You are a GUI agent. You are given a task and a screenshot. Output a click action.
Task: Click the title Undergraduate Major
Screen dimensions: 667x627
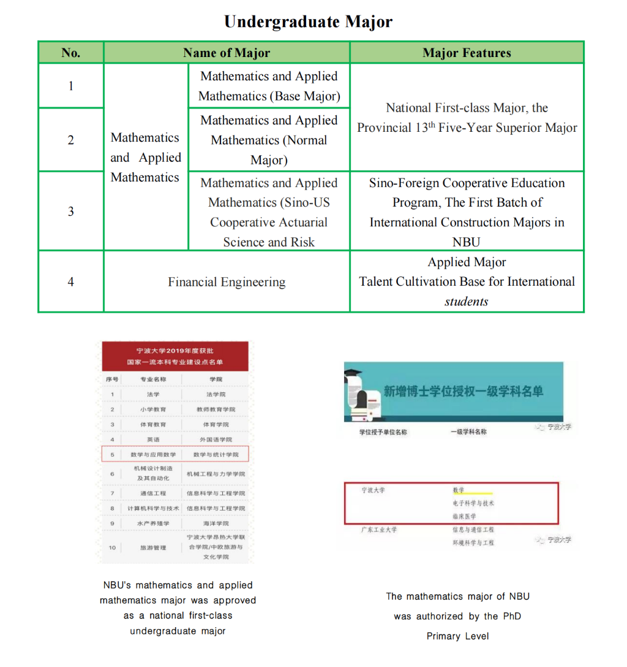(x=308, y=22)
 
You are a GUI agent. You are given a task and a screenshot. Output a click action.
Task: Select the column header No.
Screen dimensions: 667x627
(x=71, y=53)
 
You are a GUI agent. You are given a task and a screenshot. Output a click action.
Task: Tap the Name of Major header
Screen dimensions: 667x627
(x=227, y=53)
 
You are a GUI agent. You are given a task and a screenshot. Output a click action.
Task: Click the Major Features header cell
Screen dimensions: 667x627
(x=467, y=53)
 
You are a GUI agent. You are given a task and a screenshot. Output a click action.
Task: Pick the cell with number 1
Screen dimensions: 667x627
(x=71, y=86)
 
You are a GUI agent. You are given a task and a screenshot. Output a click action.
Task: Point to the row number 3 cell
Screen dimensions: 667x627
(x=71, y=212)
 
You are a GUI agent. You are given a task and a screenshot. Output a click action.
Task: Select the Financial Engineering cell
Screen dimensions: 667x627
(x=227, y=282)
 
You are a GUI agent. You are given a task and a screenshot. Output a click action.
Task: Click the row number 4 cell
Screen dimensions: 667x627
(x=71, y=282)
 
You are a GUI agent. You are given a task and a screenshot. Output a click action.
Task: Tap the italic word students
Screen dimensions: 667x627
(x=467, y=302)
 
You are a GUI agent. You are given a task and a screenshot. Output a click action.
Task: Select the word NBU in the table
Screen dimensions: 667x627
(x=467, y=242)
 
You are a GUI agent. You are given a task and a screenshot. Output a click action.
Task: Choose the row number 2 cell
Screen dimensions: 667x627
(x=71, y=140)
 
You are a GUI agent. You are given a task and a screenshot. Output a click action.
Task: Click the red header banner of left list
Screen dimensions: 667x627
(x=175, y=356)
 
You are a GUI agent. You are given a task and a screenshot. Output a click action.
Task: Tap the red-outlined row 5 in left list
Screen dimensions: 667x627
(x=175, y=454)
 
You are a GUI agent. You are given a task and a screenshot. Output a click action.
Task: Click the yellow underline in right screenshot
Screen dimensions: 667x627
(x=472, y=494)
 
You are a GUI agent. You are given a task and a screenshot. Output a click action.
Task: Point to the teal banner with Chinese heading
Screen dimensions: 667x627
(x=460, y=391)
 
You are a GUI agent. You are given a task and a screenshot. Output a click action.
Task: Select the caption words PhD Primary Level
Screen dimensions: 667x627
(x=458, y=626)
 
